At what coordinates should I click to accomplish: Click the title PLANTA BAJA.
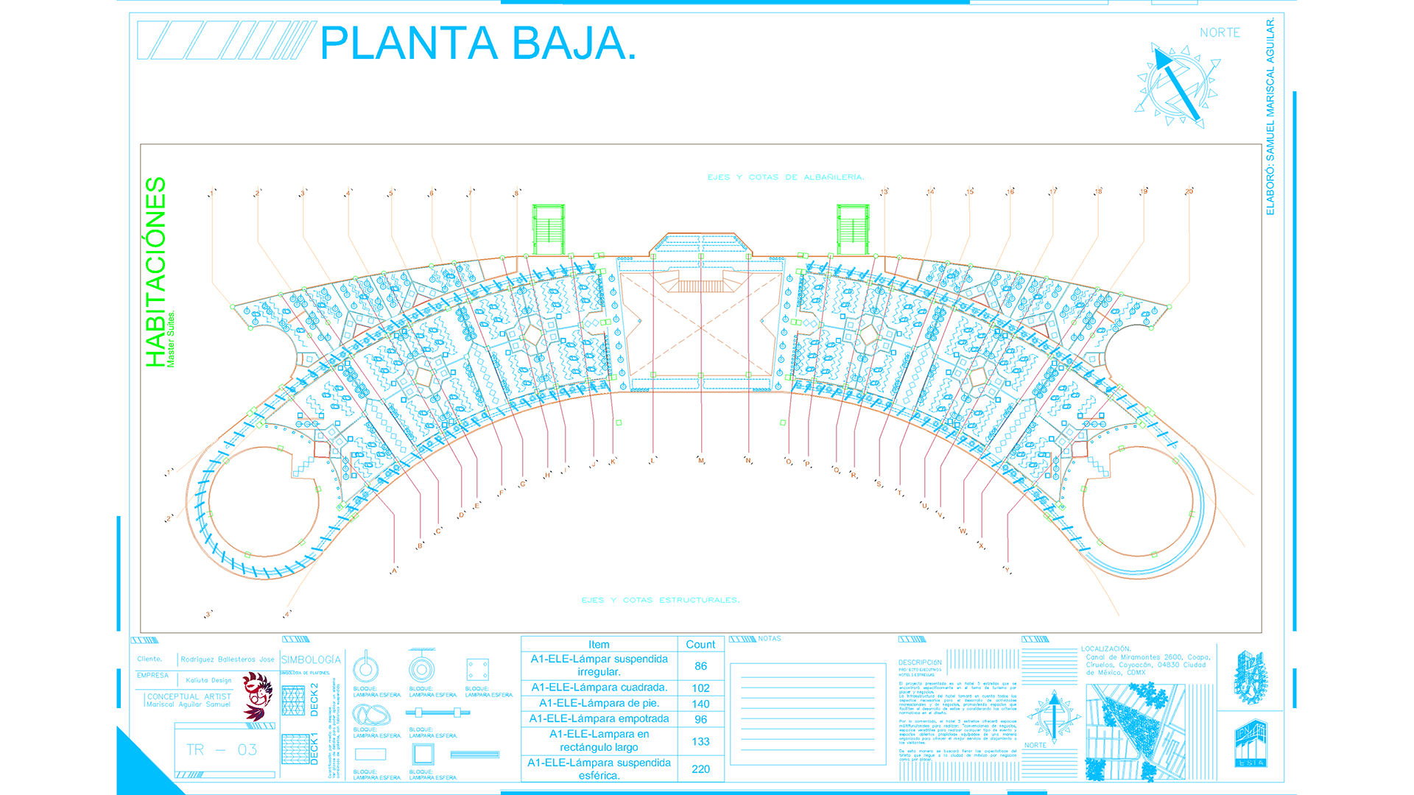(x=477, y=43)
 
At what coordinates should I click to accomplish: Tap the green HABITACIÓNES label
(x=155, y=272)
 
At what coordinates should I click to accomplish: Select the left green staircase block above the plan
(x=548, y=230)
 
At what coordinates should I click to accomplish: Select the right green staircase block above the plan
(x=853, y=230)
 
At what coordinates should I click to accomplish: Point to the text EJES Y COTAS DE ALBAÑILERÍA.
(x=785, y=177)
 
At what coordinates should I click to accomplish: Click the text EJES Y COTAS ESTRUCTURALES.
(x=660, y=600)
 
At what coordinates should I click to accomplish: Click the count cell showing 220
(x=700, y=769)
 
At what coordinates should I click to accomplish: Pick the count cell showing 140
(x=700, y=704)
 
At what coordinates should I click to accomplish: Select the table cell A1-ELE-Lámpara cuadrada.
(x=599, y=688)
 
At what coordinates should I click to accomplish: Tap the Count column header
(x=700, y=645)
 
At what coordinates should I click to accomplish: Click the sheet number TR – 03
(x=221, y=750)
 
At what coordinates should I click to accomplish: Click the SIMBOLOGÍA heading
(x=311, y=660)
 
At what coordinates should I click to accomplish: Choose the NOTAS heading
(x=770, y=639)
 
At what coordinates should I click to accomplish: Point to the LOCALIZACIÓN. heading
(x=1105, y=649)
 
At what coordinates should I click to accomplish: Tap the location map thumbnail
(x=1135, y=732)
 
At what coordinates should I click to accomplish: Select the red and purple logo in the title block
(x=257, y=696)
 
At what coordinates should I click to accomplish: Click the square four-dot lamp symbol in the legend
(x=477, y=670)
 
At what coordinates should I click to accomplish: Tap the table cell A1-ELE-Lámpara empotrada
(x=599, y=719)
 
